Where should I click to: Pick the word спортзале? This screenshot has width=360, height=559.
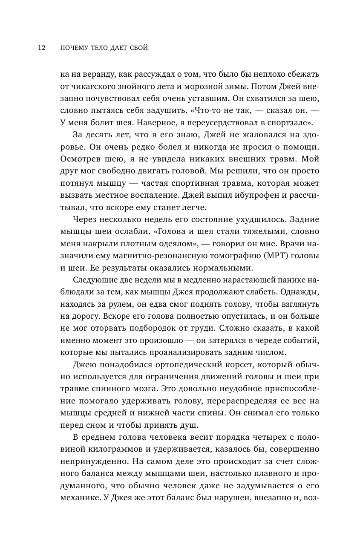(289, 124)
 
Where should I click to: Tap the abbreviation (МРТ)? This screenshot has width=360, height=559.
(265, 256)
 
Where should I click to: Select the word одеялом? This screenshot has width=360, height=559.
(173, 244)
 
